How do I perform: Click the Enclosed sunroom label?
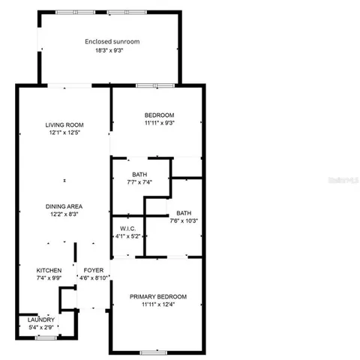pos(112,42)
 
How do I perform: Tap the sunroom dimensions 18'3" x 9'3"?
pos(112,51)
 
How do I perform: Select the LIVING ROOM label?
pos(64,124)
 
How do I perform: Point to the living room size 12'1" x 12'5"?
pos(64,133)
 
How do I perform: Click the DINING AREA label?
pos(64,206)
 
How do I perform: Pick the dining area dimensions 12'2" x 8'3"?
pos(64,214)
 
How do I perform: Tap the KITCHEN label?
pos(49,270)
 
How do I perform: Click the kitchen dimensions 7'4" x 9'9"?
pos(49,278)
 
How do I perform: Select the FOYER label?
pos(93,270)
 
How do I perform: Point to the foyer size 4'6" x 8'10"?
pos(94,278)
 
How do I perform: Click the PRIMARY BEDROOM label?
pos(158,296)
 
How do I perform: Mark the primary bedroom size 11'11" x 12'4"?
pos(158,304)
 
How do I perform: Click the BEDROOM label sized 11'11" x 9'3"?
pos(158,115)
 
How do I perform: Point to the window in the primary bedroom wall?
pos(153,352)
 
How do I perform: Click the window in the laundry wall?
pos(46,337)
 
